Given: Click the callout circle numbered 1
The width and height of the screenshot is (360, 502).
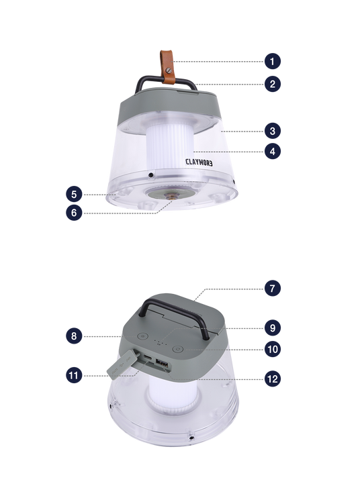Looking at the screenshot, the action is point(273,61).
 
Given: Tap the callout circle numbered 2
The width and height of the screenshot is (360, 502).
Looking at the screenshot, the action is point(273,84).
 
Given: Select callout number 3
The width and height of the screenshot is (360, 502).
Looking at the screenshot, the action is point(273,131).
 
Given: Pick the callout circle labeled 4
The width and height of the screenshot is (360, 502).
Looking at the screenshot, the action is point(273,151).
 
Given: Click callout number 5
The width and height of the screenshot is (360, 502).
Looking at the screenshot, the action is point(74,195).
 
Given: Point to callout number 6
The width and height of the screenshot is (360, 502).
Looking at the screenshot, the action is point(74,213).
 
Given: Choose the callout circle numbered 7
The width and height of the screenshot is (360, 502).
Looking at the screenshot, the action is point(273,288).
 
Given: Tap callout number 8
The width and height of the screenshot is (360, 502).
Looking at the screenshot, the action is point(74,336).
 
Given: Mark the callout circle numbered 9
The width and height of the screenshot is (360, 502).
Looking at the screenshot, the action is point(273,328).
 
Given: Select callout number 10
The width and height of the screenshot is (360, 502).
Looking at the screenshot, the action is point(273,349).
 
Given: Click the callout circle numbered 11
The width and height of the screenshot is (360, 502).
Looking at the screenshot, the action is point(74,375).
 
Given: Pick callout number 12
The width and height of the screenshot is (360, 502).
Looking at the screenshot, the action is point(273,379).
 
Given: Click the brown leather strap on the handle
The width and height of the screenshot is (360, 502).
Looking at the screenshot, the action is point(167,67).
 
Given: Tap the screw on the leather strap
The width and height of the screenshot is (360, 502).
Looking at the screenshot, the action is point(169,70).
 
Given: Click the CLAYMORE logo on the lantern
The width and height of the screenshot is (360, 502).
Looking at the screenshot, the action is point(199,162).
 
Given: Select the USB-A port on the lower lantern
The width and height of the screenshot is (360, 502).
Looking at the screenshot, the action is point(162,363).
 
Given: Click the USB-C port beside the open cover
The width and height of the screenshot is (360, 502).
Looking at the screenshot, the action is point(148,356).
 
